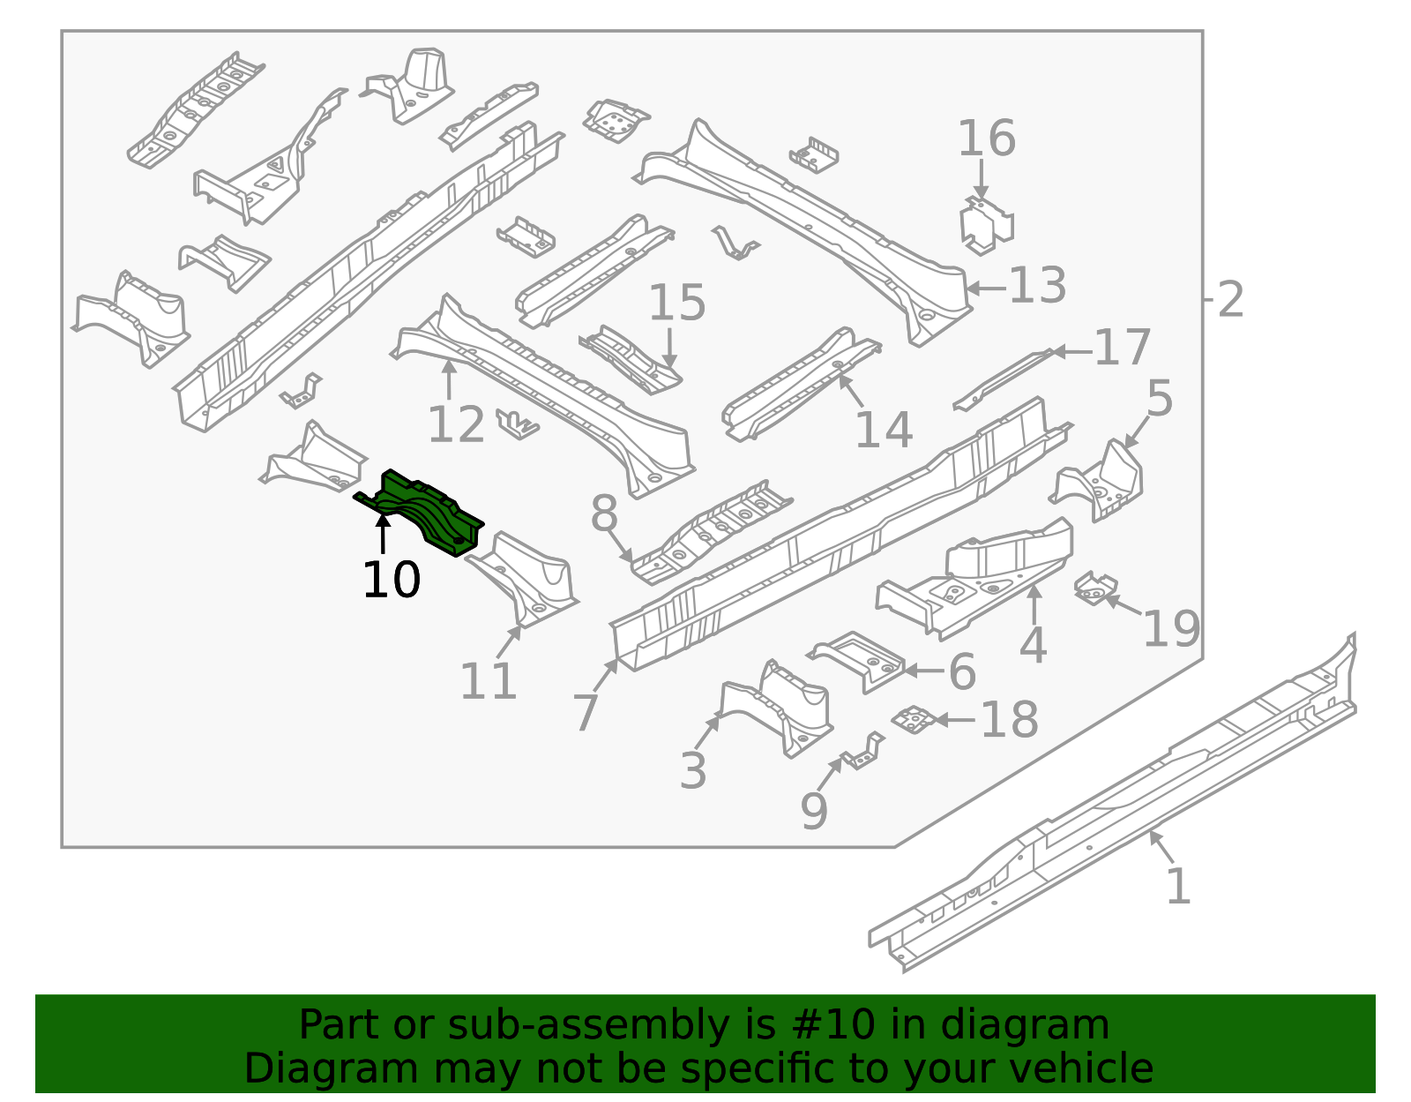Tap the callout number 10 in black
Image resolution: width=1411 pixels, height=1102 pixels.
click(391, 581)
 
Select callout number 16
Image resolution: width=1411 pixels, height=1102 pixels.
click(986, 139)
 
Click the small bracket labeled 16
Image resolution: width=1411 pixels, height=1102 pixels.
click(985, 225)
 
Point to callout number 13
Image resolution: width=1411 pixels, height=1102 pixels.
click(1037, 287)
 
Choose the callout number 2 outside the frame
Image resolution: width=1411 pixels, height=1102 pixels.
click(1230, 300)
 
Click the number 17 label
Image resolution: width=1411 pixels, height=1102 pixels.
click(1122, 348)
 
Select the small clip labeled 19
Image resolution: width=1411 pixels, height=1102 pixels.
click(1095, 588)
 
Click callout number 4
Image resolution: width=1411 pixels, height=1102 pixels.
click(1033, 646)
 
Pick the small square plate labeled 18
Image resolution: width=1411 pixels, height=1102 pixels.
click(914, 719)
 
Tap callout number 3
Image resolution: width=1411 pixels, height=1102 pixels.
click(693, 770)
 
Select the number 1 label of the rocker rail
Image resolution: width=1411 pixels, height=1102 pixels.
click(1178, 886)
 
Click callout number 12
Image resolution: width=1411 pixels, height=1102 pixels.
click(456, 425)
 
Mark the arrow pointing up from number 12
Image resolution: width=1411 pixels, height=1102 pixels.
click(450, 379)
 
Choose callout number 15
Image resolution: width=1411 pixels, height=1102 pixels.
click(676, 303)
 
